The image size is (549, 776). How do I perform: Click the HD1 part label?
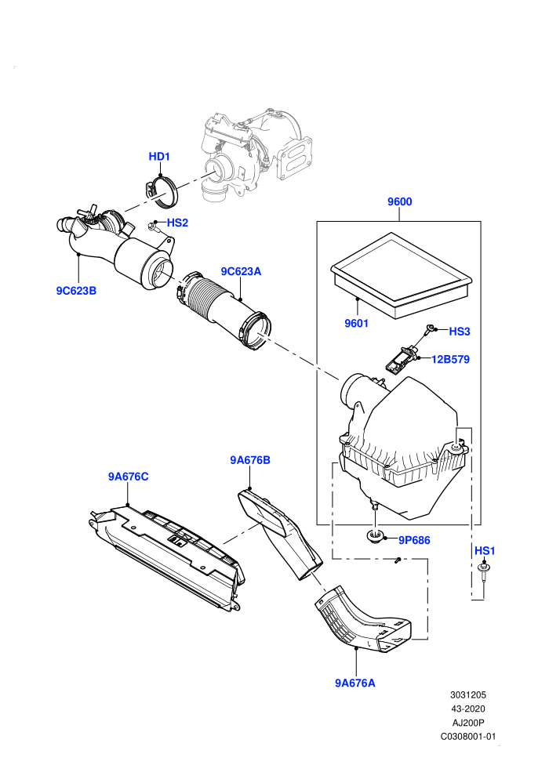click(x=159, y=157)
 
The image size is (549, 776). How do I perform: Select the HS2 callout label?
click(x=177, y=223)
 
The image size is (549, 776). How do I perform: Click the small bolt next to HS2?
click(x=152, y=227)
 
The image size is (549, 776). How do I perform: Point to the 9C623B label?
click(x=76, y=291)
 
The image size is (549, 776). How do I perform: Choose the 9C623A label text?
click(x=241, y=271)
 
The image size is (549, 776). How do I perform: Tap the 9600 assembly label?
click(x=399, y=201)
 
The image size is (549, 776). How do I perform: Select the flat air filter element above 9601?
click(x=401, y=276)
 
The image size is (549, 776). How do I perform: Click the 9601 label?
click(x=356, y=323)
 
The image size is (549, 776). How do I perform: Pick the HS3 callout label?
click(x=460, y=332)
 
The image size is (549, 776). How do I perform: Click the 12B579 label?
click(x=450, y=359)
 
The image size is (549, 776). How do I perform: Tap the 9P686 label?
click(x=414, y=540)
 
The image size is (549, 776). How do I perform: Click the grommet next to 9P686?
click(x=375, y=536)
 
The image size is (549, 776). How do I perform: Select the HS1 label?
click(x=485, y=551)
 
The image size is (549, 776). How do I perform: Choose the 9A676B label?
click(x=250, y=460)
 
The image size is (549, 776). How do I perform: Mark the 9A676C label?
click(x=128, y=477)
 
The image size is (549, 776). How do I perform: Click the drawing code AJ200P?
click(x=468, y=723)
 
